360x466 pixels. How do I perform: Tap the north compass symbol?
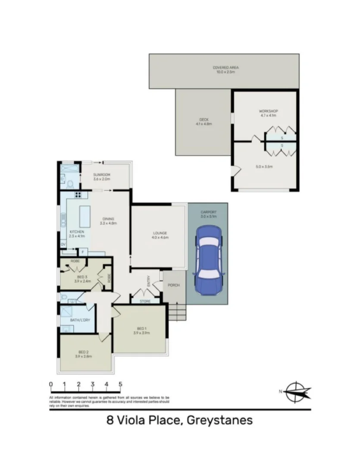click(x=296, y=392)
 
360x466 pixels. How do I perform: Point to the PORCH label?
click(x=174, y=285)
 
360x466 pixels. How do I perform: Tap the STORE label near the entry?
click(x=145, y=301)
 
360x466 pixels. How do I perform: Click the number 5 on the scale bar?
click(x=120, y=384)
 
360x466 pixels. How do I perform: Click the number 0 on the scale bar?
click(x=51, y=384)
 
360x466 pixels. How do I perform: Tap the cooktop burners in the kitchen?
click(x=78, y=194)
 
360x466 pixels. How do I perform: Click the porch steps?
click(x=177, y=312)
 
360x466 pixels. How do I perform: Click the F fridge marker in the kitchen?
click(x=82, y=251)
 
